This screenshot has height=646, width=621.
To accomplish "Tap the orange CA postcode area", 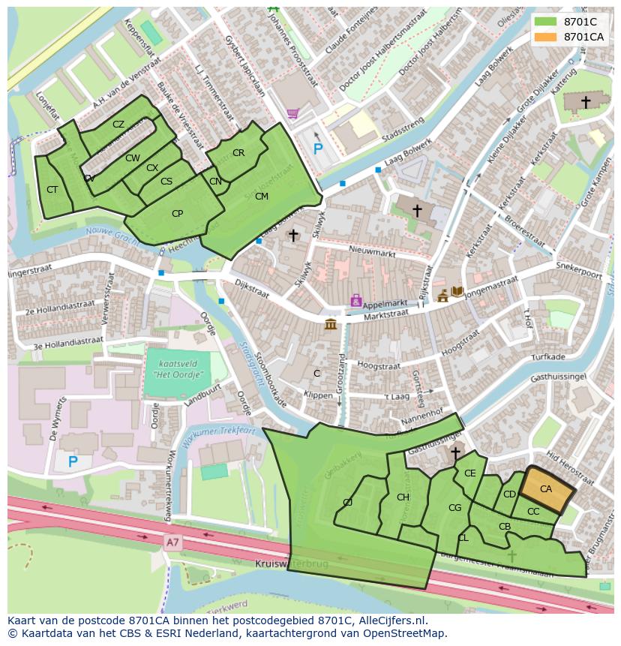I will point(547,489).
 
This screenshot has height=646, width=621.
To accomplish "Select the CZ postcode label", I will point(118,125).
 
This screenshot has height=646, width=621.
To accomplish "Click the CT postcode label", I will point(52,190).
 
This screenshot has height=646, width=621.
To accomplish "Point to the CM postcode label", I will point(261,197).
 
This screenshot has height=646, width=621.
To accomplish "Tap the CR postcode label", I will point(238,153).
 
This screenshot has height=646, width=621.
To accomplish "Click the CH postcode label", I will point(403,497).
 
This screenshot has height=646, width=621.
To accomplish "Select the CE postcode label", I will point(470,473).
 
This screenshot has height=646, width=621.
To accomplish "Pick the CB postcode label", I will point(505,527).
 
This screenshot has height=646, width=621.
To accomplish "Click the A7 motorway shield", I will point(173,540).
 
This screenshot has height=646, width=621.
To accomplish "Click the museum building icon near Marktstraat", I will point(330,324).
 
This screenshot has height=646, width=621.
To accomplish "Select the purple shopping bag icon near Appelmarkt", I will point(356,301).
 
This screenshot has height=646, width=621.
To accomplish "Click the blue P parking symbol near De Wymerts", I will point(73,461).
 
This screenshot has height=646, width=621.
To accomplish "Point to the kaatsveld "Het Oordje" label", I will point(178,368).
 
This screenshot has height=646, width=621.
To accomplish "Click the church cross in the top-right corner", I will point(586,101).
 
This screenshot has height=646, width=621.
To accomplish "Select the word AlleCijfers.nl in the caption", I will point(389,620).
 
